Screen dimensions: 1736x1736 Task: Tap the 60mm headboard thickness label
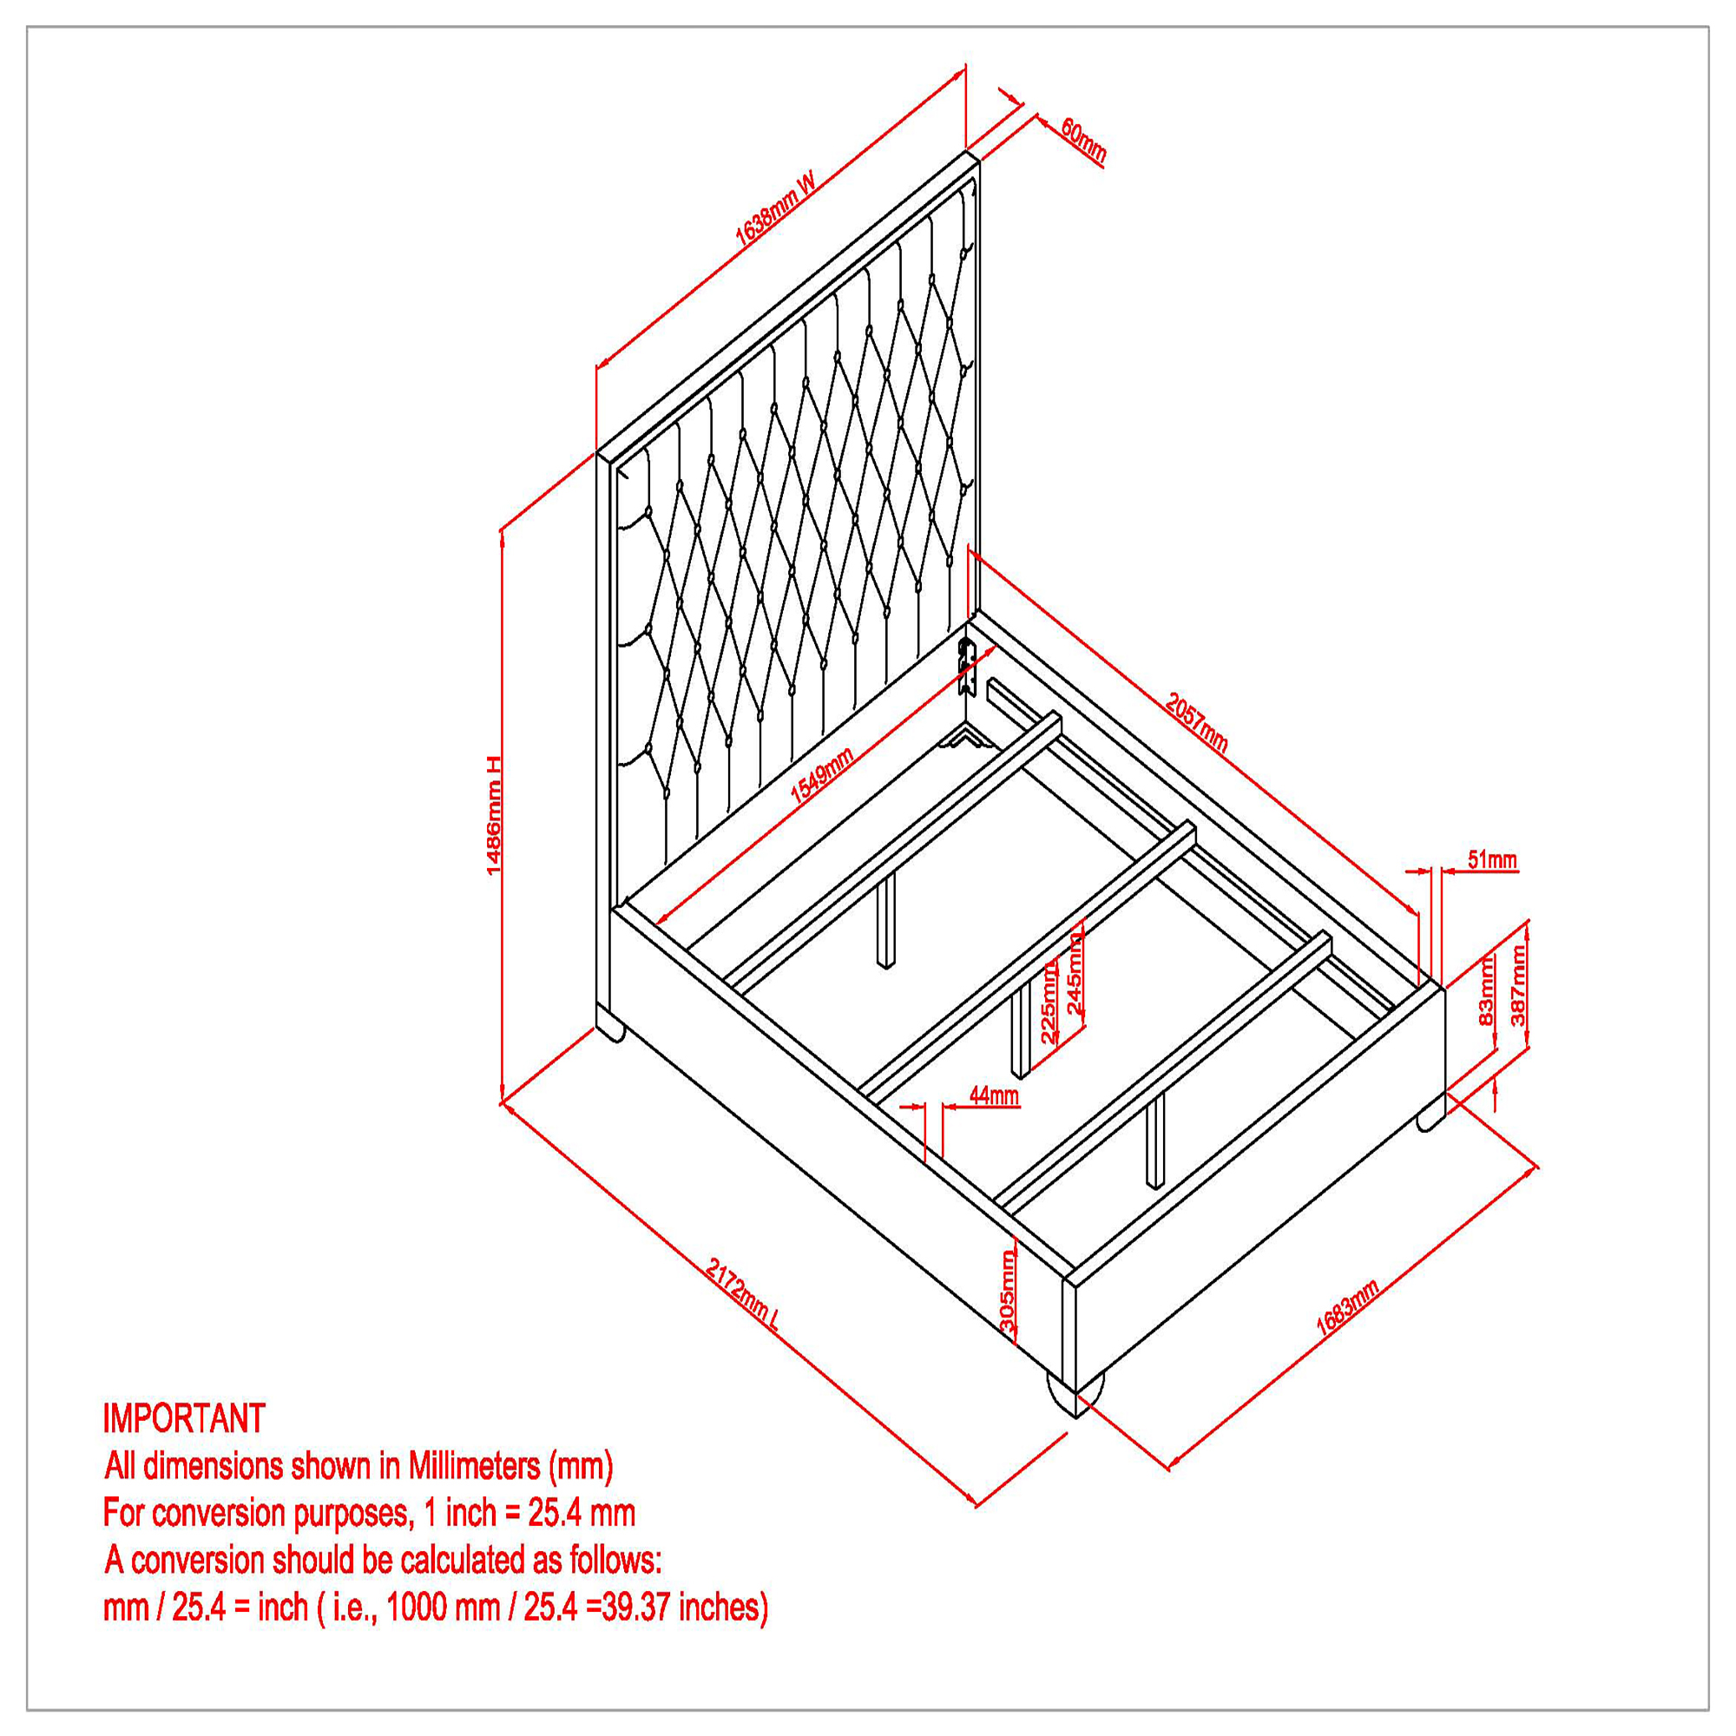coord(1082,140)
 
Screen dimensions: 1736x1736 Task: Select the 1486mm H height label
coord(493,815)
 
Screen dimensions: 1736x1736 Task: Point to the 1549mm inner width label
coord(821,773)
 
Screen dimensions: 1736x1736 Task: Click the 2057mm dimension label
coord(1196,721)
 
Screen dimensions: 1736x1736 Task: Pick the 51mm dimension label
coord(1492,860)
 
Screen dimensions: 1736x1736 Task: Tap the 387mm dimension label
coord(1517,986)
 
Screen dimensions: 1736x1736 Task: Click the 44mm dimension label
coord(994,1095)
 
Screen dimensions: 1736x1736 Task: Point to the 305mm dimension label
coord(1006,1292)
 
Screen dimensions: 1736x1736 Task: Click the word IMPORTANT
coord(184,1419)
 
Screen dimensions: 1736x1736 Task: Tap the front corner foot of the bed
coord(1074,1396)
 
